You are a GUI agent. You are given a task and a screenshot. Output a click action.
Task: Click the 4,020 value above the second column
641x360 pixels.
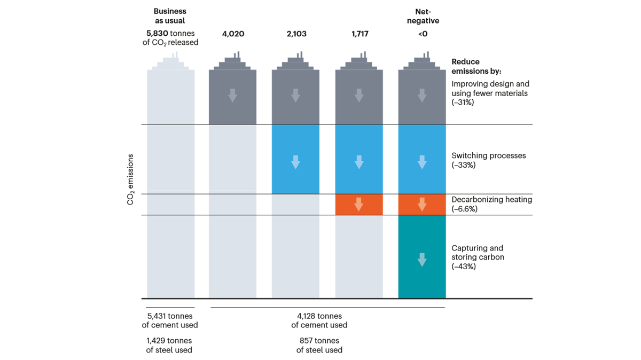(x=232, y=34)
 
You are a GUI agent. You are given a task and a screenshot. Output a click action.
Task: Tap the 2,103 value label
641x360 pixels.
(x=295, y=34)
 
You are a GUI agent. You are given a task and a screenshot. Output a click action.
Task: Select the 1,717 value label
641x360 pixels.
(x=359, y=34)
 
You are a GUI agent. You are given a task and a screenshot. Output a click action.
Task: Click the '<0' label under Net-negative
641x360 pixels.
(x=422, y=34)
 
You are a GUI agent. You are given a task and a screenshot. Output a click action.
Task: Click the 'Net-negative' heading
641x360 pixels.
(x=422, y=15)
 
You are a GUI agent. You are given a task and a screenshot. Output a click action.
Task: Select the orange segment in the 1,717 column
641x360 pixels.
(x=359, y=205)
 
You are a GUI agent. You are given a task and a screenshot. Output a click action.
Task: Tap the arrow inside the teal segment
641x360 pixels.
(x=422, y=260)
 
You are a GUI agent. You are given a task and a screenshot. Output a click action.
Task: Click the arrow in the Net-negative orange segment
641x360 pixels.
(x=422, y=205)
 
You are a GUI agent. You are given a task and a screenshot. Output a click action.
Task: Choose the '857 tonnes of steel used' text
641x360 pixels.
(x=319, y=345)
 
